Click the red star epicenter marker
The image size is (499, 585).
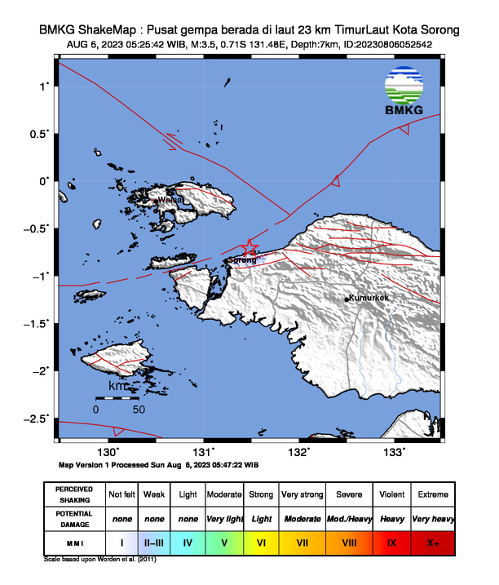click(250, 247)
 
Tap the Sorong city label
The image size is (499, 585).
click(242, 260)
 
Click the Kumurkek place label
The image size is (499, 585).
click(369, 298)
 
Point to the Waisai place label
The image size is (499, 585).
click(170, 198)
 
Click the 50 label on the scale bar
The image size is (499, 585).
click(139, 409)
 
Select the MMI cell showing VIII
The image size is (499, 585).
click(350, 541)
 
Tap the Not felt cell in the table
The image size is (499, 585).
click(122, 494)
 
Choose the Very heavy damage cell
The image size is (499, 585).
click(432, 518)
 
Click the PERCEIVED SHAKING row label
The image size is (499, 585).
click(74, 494)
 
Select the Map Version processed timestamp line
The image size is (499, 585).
click(159, 464)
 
